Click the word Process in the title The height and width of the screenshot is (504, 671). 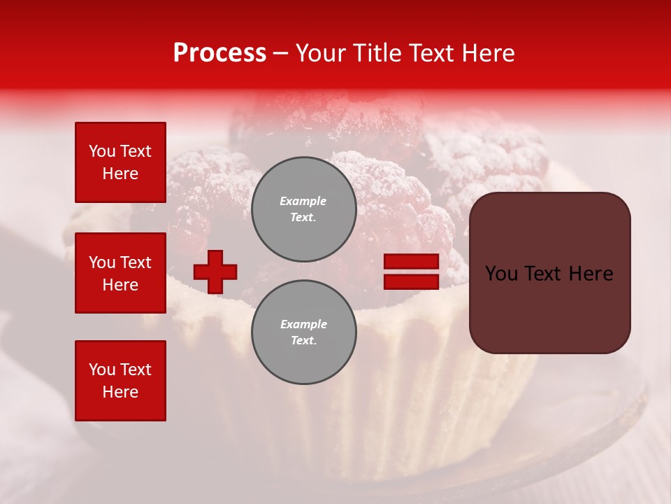point(219,53)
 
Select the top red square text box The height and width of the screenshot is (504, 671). point(120,162)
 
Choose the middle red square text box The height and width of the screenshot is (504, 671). point(120,273)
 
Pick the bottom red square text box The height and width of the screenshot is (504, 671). point(120,380)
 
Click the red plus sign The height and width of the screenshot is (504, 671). point(215,272)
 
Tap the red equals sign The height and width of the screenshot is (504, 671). point(411,272)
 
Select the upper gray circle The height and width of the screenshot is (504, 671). point(303,209)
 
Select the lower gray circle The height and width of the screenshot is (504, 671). point(303,332)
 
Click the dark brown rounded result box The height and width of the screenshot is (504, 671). point(549,273)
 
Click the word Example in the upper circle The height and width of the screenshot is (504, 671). point(303,201)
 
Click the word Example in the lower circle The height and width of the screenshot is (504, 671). point(303,324)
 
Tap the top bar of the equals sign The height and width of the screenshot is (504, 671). point(411,261)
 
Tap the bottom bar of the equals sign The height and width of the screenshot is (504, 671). point(411,281)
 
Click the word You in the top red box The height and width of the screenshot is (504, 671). point(102,151)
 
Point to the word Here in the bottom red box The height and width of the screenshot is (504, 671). point(120,392)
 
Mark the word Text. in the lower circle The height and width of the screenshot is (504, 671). point(303,341)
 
